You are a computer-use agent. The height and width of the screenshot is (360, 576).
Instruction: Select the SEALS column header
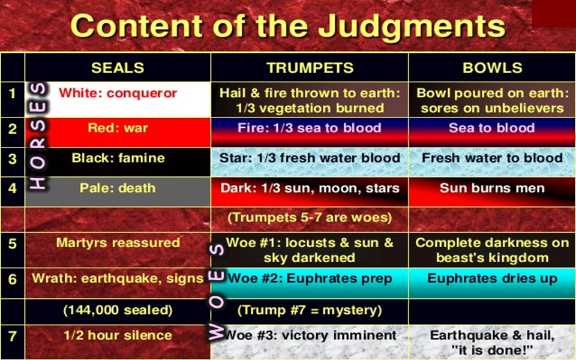(118, 68)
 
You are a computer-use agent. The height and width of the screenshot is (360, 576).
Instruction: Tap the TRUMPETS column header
(310, 68)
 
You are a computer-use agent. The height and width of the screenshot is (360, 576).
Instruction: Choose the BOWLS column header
(492, 68)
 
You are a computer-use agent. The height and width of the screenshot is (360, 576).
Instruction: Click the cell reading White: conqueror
(118, 100)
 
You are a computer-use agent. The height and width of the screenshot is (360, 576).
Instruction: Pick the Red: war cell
(118, 133)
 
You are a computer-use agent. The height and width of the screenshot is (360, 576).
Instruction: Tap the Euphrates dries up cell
(492, 283)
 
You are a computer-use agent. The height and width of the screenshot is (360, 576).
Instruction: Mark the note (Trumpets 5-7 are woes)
(310, 217)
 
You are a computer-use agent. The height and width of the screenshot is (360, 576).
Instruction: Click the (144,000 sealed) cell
(118, 311)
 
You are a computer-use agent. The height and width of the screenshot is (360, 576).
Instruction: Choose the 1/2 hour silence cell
(118, 342)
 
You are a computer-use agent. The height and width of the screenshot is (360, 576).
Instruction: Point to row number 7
(13, 336)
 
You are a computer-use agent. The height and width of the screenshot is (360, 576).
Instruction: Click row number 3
(13, 158)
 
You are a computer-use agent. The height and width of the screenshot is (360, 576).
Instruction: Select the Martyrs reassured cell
(118, 250)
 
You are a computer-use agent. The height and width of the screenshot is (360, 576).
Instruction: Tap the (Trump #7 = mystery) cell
(310, 311)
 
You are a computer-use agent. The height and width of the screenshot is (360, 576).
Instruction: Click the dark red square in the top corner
(554, 14)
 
